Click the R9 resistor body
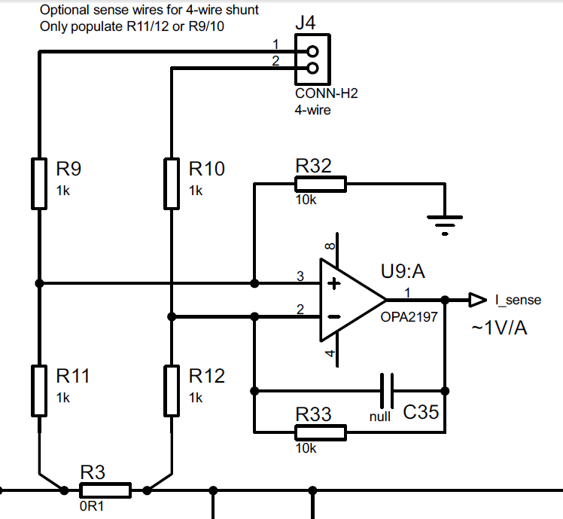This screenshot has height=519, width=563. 39,183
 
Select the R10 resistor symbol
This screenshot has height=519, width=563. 172,183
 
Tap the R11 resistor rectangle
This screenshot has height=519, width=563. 39,391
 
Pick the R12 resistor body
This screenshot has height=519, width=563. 172,391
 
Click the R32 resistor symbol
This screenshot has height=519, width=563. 321,184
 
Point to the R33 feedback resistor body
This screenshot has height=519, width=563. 321,432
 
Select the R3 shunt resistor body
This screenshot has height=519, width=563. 105,490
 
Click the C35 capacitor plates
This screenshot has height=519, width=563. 387,391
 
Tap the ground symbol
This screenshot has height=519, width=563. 445,225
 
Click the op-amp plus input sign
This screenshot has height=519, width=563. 334,283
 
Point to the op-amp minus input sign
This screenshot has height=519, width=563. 334,316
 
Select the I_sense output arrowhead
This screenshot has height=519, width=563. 478,300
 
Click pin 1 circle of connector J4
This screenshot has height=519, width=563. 313,51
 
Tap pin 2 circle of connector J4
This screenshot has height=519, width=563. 313,68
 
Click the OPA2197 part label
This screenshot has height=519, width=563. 409,317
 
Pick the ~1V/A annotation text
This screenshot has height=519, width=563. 500,328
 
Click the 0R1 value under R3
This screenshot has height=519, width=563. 92,506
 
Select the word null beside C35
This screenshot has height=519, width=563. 380,417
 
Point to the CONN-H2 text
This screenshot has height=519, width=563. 327,93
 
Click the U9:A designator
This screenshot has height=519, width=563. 403,271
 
